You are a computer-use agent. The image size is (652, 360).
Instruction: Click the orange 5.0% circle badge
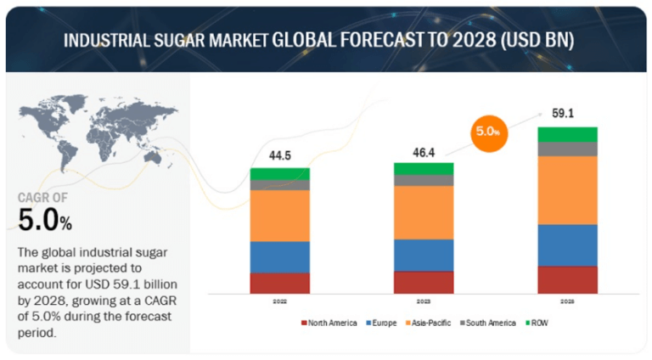[486, 132]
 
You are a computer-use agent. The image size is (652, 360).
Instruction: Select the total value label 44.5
[279, 156]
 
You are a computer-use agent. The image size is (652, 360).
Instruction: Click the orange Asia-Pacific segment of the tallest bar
[567, 190]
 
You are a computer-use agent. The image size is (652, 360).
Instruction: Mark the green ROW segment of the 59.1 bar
[567, 134]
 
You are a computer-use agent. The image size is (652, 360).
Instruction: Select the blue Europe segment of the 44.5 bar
[279, 256]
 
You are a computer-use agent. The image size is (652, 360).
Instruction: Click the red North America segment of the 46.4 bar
[424, 282]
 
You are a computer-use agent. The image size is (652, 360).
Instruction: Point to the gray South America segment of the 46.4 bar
[424, 180]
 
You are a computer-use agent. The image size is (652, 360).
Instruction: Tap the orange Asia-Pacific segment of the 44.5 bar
[279, 216]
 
